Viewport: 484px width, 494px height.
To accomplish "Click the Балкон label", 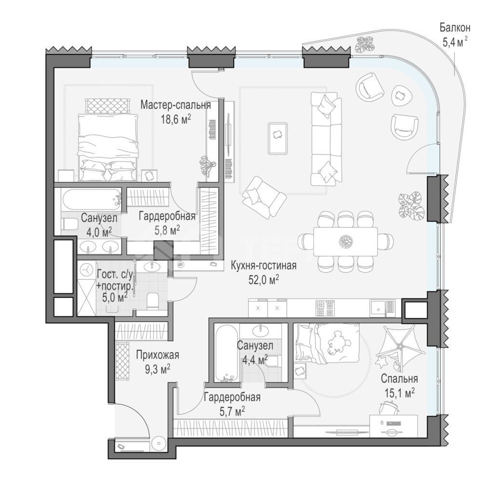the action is point(455,28).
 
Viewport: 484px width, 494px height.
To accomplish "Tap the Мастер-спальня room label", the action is point(175,105).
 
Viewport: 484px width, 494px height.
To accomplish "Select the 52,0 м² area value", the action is point(264,280).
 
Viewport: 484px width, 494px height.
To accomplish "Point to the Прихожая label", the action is point(158,355).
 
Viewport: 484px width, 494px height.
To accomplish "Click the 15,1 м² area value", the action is point(399,393).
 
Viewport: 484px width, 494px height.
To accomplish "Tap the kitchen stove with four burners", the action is point(325,308).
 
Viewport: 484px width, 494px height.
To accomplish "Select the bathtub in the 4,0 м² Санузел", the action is point(92,197).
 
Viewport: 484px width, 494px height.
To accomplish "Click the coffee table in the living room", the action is point(278,138).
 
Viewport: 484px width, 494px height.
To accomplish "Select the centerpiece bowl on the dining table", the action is point(346,241).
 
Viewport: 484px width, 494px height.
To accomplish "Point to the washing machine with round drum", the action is point(86,270).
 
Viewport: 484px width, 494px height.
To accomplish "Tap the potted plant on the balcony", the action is point(364,44).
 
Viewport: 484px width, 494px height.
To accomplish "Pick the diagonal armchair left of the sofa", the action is point(264,197).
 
